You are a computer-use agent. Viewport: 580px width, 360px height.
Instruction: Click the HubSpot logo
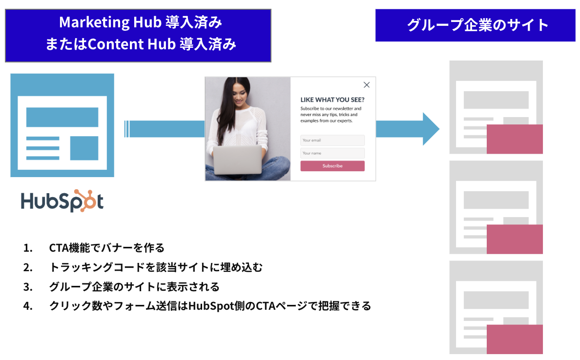pyautogui.click(x=62, y=200)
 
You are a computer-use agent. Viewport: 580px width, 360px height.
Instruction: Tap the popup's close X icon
pyautogui.click(x=367, y=85)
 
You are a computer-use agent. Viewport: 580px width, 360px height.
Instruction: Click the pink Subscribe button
pyautogui.click(x=332, y=166)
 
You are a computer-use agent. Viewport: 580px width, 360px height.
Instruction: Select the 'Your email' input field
pyautogui.click(x=332, y=140)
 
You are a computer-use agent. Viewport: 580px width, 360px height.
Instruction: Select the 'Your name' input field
pyautogui.click(x=332, y=153)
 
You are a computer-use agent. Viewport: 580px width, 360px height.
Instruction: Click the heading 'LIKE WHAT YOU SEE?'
pyautogui.click(x=332, y=99)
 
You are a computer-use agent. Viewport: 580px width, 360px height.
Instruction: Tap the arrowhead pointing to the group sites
pyautogui.click(x=431, y=129)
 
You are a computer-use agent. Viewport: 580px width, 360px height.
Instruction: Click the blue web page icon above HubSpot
pyautogui.click(x=62, y=125)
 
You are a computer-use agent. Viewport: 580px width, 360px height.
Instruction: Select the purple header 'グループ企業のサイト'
pyautogui.click(x=475, y=25)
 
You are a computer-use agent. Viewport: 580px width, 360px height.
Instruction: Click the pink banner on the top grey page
pyautogui.click(x=515, y=139)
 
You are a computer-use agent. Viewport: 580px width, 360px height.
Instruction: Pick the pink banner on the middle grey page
pyautogui.click(x=515, y=239)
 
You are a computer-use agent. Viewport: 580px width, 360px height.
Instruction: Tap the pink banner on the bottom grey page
pyautogui.click(x=515, y=339)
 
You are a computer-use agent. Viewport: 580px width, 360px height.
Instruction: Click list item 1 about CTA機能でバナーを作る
pyautogui.click(x=107, y=248)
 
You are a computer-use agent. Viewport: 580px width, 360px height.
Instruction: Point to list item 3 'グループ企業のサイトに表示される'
pyautogui.click(x=134, y=286)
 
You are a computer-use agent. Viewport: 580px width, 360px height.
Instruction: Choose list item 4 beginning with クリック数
pyautogui.click(x=210, y=306)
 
